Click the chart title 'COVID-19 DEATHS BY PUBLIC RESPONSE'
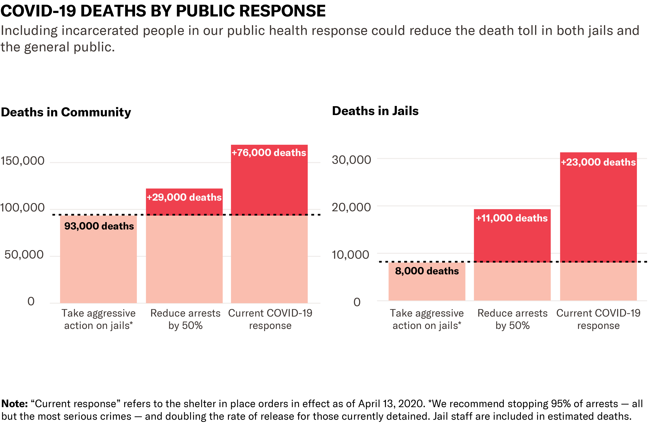point(163,11)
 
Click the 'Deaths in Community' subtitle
point(66,112)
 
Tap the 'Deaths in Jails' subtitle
point(375,111)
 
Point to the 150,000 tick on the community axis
point(22,161)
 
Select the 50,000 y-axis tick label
point(24,255)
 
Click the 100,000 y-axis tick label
point(22,208)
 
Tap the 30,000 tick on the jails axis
point(351,160)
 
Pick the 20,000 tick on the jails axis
point(351,207)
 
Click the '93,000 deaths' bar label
point(99,226)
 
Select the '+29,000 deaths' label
point(184,197)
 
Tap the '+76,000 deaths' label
point(269,153)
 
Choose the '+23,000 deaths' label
point(598,162)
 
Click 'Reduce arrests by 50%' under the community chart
point(185,319)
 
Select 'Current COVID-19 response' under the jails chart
point(598,319)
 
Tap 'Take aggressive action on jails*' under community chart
point(99,319)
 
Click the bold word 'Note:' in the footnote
point(15,403)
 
